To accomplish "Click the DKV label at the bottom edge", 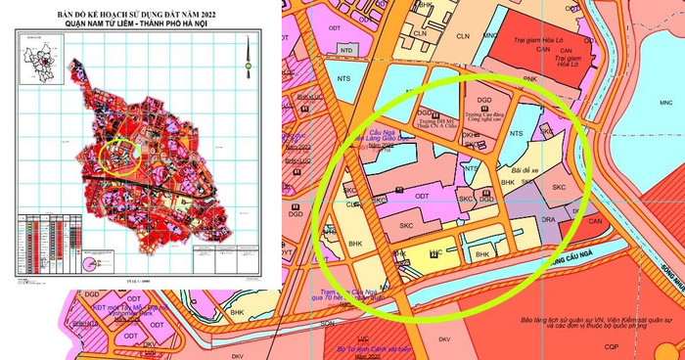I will click(443, 339).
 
